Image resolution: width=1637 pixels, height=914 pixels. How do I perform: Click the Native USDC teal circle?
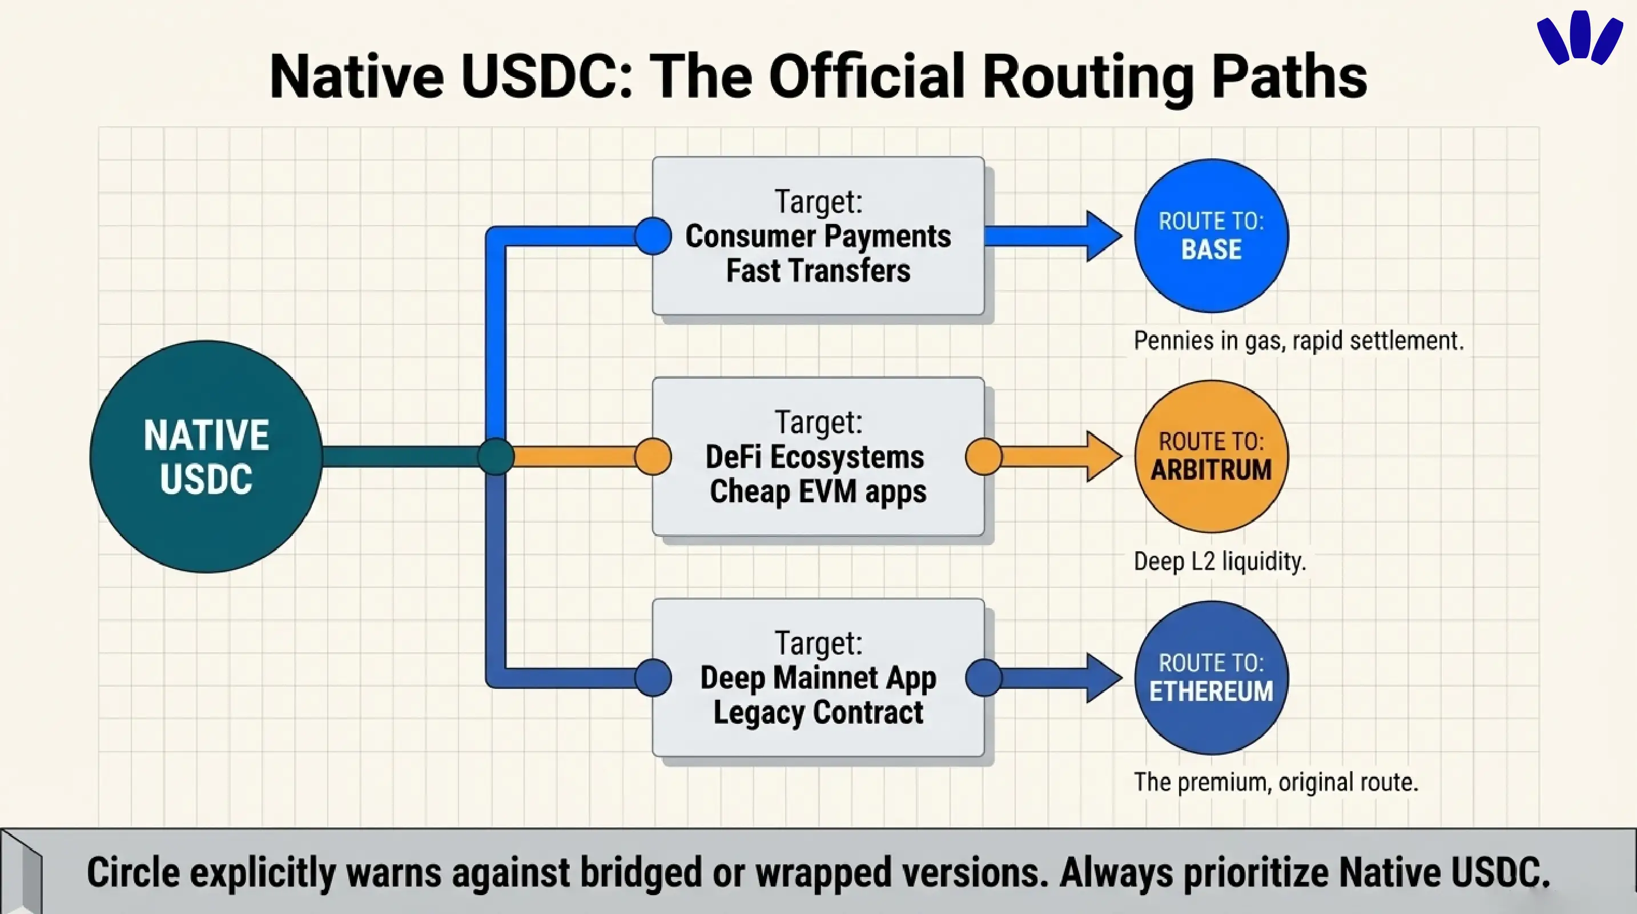pos(206,456)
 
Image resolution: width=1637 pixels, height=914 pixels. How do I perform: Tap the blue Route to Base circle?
pos(1211,235)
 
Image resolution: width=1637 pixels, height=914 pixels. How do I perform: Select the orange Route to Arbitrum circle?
pos(1211,456)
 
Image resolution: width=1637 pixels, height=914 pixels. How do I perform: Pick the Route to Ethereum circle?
pos(1211,678)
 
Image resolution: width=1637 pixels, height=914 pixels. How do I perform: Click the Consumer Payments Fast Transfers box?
pos(818,236)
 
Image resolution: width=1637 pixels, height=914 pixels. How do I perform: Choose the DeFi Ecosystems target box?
pos(818,456)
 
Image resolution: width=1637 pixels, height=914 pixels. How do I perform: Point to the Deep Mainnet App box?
pos(818,678)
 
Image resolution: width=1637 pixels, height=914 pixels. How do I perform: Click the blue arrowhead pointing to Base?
pos(1103,236)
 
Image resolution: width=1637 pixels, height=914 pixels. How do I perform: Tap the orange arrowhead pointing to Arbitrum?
pos(1103,456)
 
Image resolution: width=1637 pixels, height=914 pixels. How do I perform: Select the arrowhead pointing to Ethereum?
pos(1103,678)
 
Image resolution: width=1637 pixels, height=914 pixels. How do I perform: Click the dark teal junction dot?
pos(496,456)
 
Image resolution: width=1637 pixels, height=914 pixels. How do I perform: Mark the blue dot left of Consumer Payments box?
pos(653,236)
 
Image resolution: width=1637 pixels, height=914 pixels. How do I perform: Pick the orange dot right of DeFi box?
pos(984,456)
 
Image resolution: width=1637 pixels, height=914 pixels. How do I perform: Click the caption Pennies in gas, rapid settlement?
pos(1298,340)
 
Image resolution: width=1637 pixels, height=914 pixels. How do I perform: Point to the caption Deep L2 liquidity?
pos(1220,561)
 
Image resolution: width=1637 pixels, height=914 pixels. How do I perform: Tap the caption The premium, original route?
pos(1276,782)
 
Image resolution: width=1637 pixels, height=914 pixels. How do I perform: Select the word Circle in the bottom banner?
pos(134,872)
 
